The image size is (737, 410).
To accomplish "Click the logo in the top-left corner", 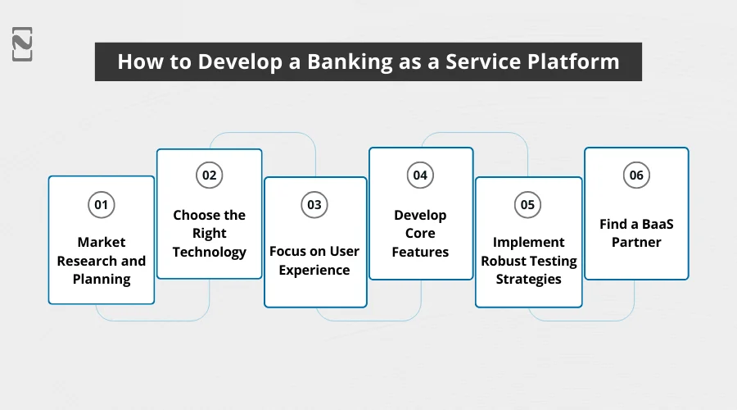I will coord(23,43).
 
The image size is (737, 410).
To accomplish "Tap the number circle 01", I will coord(102,205).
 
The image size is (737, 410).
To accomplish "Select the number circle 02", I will coord(210,175).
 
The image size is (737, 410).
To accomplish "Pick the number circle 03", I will coord(314,205).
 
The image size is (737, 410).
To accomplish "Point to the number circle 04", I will coord(420,175).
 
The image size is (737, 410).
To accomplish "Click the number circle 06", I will coord(635,175).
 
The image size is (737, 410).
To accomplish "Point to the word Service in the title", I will coord(482,62).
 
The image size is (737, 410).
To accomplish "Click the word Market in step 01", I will coord(102,242).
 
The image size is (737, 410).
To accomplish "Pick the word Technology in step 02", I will coord(210,252).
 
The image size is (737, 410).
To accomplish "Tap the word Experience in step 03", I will coord(314,270).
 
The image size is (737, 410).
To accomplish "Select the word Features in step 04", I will coord(420,252).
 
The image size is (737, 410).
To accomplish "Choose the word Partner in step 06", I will coord(635,242).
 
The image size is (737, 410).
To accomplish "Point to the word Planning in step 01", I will coord(102,279).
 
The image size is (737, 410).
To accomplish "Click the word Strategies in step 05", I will coord(528,279).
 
